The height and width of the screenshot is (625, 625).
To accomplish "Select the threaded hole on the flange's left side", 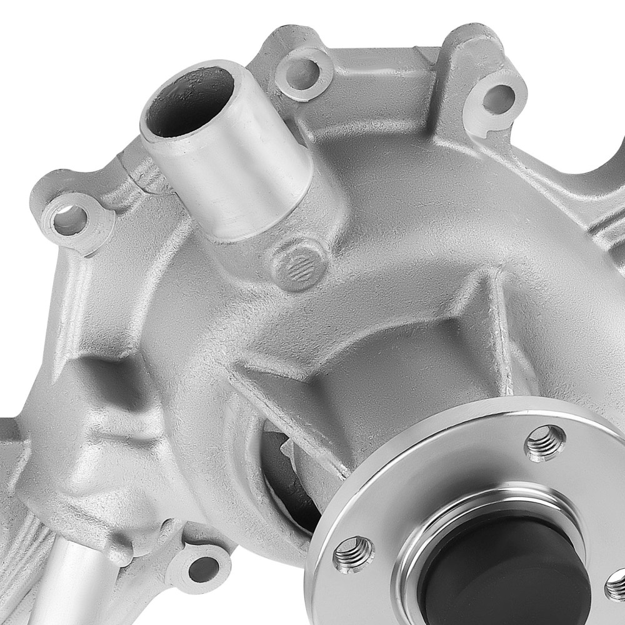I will tap(354, 554).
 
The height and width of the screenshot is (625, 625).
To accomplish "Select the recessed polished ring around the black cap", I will tap(437, 531).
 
